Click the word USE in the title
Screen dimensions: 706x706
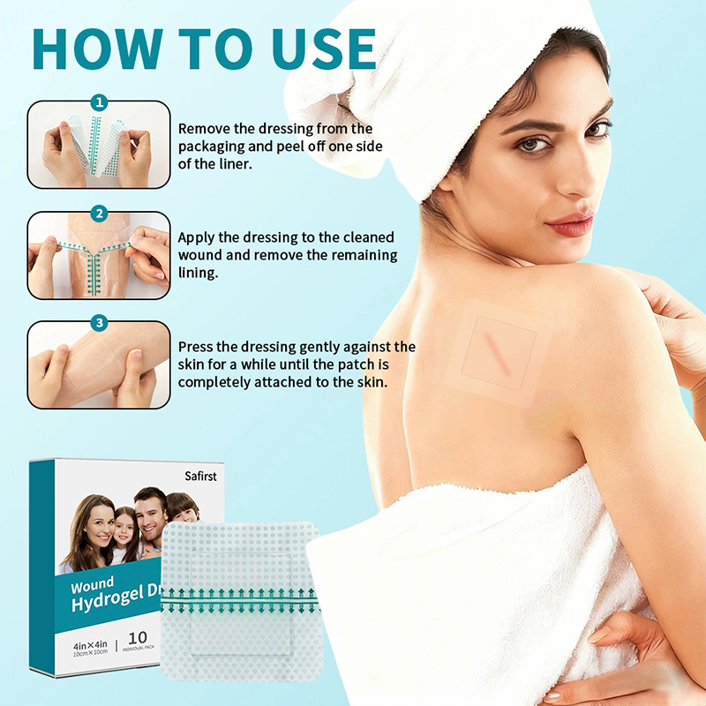tap(324, 49)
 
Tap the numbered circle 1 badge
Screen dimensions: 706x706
tap(99, 102)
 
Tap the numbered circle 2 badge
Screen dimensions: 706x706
tap(99, 213)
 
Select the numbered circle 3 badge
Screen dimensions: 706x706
tap(99, 322)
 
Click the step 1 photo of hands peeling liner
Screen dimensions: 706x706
tap(99, 145)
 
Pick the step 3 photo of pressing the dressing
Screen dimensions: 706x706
tap(99, 364)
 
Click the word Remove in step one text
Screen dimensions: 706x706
tap(205, 129)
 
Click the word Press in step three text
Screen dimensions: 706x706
tap(195, 347)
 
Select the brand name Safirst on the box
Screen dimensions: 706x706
tap(200, 476)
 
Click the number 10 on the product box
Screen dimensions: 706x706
tap(138, 637)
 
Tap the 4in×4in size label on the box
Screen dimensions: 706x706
tap(91, 645)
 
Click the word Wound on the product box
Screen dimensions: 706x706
tap(92, 586)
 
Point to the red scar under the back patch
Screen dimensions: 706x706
tap(498, 353)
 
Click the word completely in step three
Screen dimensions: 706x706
tap(214, 383)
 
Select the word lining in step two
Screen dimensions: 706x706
tap(198, 273)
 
